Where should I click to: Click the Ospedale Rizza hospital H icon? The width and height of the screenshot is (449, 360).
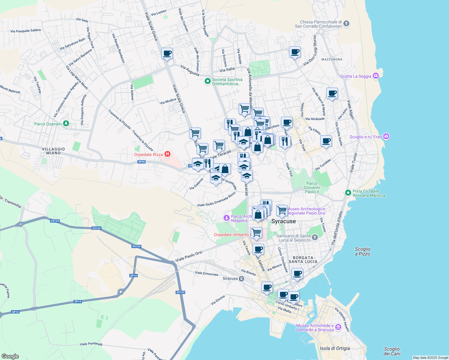coord(168,154)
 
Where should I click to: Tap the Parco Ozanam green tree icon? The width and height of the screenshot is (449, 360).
coord(66,124)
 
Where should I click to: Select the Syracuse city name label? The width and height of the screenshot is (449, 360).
coord(283,221)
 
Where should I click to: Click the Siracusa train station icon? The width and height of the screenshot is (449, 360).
coord(241,279)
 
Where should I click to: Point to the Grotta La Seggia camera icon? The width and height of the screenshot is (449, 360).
coord(375,76)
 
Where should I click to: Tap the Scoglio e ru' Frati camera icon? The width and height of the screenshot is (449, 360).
coord(386,136)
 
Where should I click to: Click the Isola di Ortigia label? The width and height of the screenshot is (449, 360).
coord(335,348)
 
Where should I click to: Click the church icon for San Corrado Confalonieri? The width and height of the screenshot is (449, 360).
coord(346,23)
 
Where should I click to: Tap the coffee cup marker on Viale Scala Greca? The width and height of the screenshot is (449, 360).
coord(167,53)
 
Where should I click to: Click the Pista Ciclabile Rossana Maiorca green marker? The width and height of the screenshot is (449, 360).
coord(348,193)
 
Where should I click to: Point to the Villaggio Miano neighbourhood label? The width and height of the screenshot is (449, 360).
coord(53,151)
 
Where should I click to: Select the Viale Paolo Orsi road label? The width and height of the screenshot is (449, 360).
coord(189,256)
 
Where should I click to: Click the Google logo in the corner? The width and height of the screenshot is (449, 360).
coord(10,356)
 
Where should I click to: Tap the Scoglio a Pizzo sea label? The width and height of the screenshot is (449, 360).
coord(363,251)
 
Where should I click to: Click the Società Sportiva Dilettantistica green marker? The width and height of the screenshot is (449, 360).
coord(207,81)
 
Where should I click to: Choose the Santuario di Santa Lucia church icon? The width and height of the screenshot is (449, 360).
coord(315,238)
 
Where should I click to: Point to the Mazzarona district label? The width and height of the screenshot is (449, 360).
coord(332,59)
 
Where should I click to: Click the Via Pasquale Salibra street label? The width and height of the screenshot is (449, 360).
coord(26,31)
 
